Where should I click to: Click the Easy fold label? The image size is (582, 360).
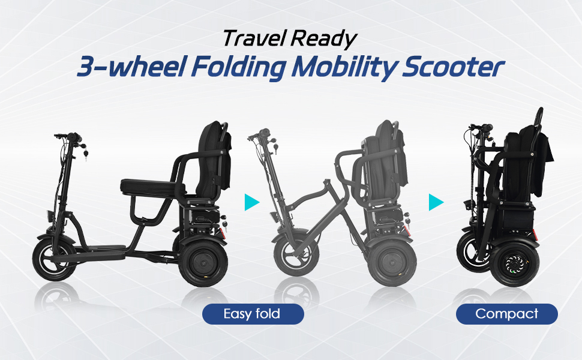click(x=253, y=314)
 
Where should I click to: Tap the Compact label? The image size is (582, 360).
click(x=506, y=314)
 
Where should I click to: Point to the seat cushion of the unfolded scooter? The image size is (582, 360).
click(x=148, y=187)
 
